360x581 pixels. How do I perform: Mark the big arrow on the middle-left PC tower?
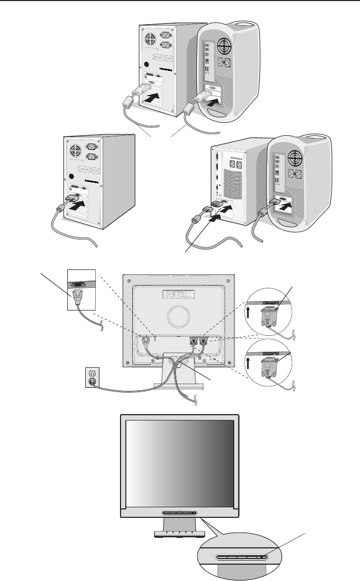(77, 205)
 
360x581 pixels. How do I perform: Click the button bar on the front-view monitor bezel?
(177, 513)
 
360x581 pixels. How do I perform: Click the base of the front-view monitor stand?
(177, 533)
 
